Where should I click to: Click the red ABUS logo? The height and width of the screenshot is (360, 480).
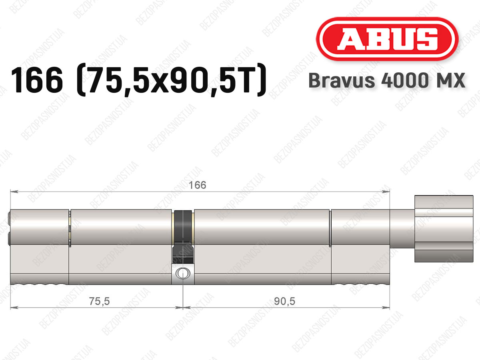(387, 39)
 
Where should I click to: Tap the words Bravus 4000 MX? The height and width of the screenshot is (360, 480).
(387, 80)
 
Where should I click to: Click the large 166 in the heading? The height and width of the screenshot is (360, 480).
(37, 80)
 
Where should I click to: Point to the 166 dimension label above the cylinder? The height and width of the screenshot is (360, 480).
(197, 185)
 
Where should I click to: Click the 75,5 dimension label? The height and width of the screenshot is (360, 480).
(99, 301)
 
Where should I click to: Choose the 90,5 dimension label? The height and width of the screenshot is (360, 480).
(284, 301)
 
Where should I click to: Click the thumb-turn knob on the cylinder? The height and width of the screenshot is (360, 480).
(444, 229)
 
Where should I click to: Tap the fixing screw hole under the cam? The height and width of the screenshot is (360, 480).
(183, 273)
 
